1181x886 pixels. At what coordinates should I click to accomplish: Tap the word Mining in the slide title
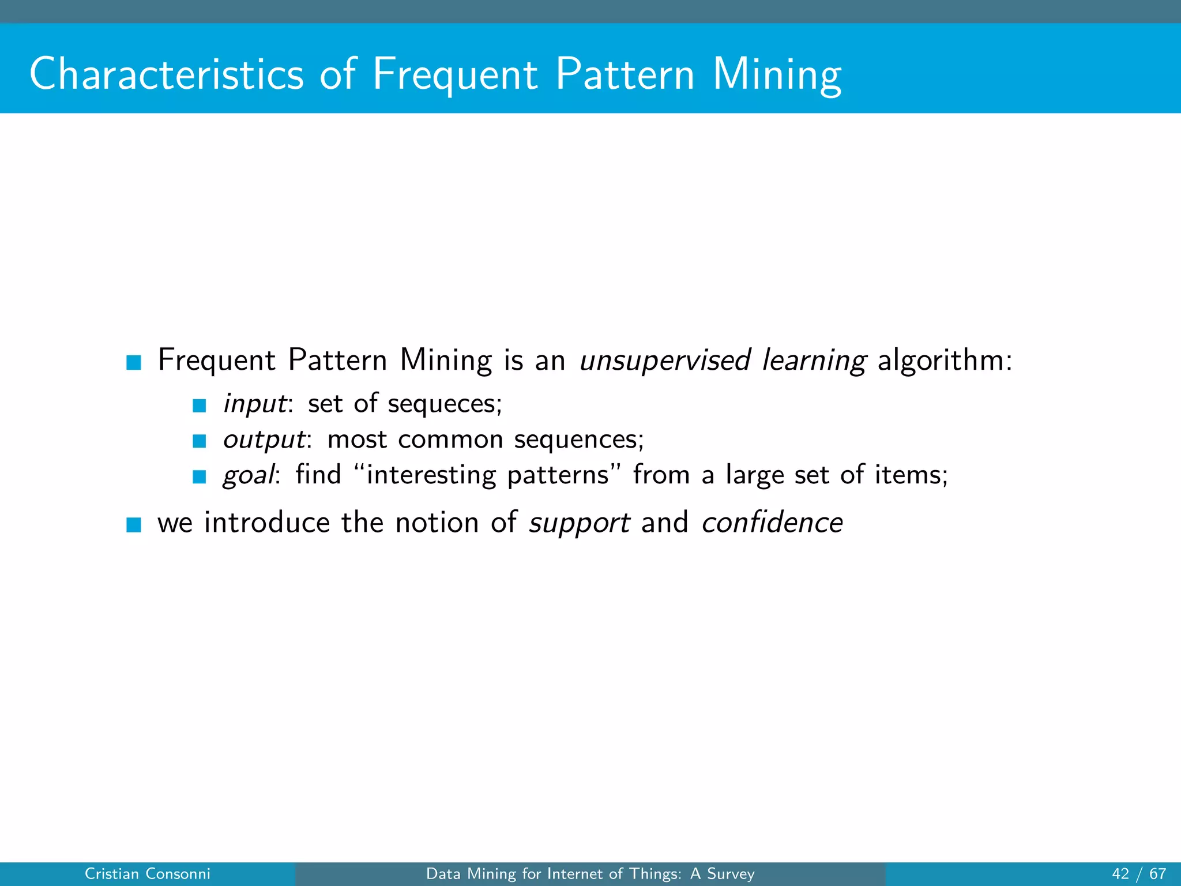[777, 75]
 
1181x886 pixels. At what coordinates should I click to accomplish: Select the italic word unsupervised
[664, 361]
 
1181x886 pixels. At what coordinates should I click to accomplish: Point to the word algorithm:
[945, 361]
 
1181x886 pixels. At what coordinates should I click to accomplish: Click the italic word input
[254, 404]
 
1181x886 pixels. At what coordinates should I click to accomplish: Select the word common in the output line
[450, 440]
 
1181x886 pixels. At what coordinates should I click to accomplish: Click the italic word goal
[249, 476]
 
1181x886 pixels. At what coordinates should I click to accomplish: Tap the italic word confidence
[772, 523]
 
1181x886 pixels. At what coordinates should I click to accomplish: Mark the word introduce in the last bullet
[266, 523]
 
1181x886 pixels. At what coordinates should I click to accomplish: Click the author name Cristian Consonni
[147, 874]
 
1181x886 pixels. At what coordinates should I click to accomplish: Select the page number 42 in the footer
[1120, 874]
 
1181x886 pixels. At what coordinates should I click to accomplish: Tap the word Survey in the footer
[731, 874]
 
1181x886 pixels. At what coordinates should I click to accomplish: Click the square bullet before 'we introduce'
[134, 524]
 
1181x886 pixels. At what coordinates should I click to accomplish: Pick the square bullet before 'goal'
[200, 476]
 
